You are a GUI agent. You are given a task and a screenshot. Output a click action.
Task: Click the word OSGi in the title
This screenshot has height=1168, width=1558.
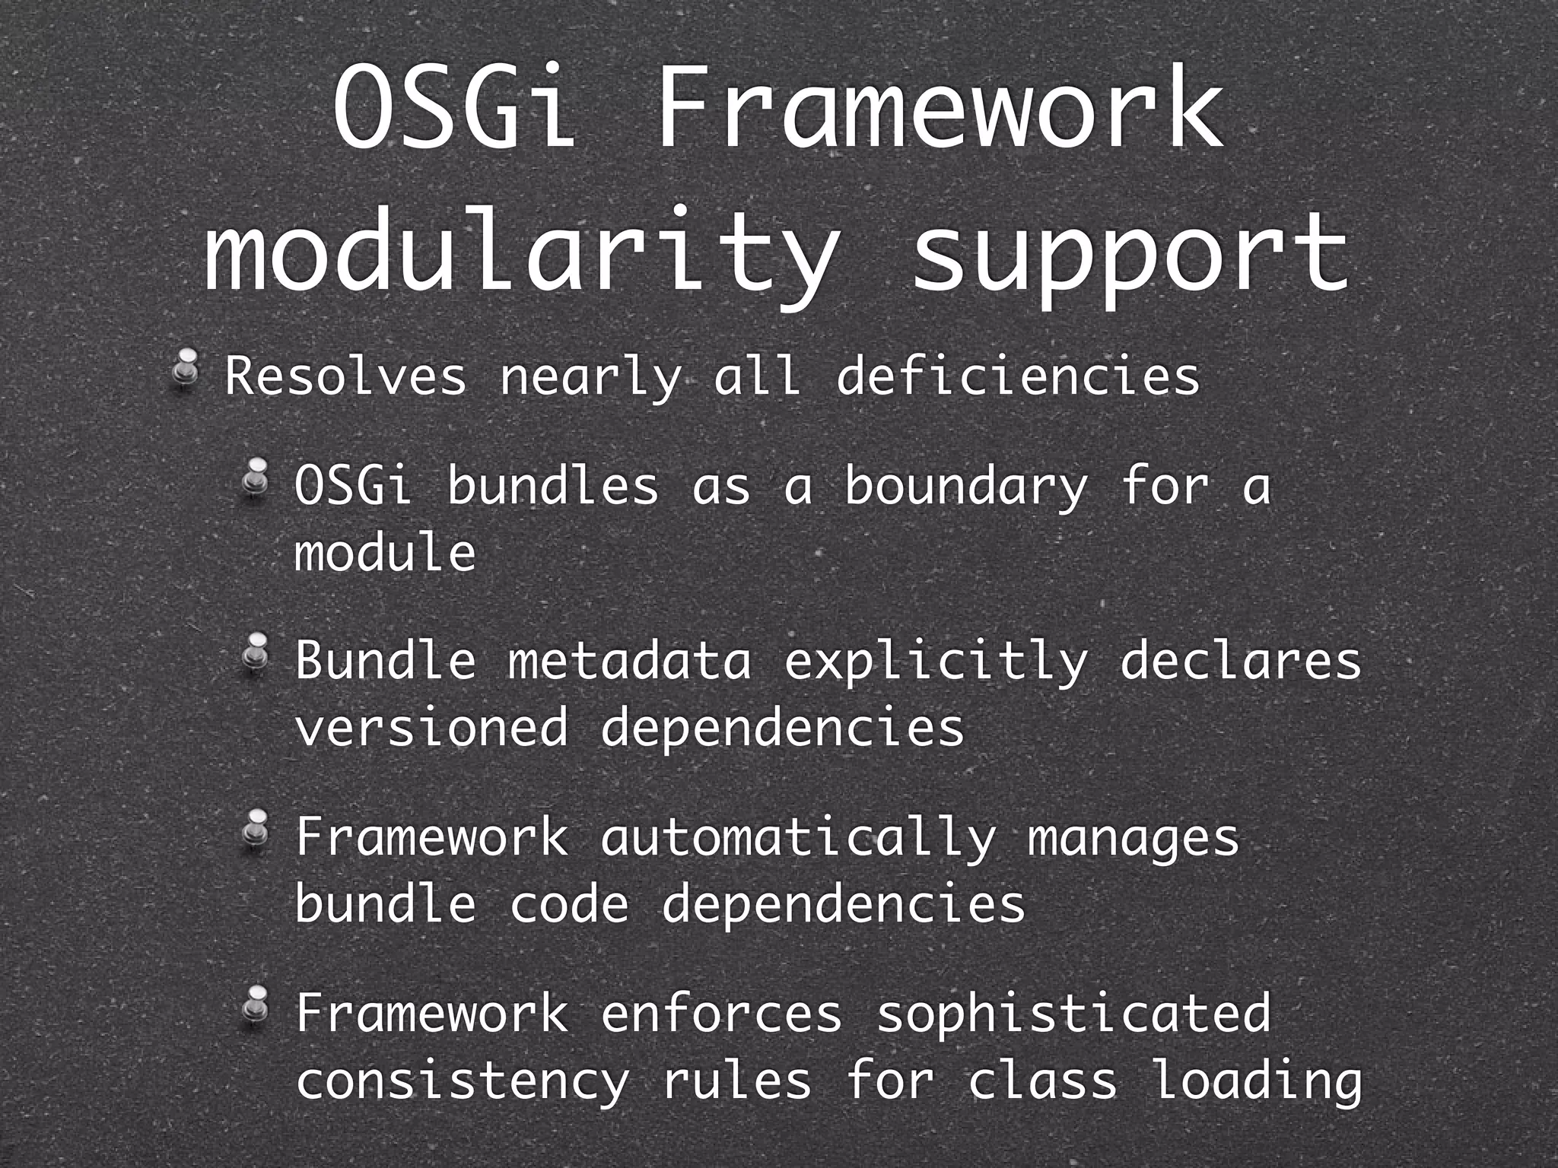pos(452,109)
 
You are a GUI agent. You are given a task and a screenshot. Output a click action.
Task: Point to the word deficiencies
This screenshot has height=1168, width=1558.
pos(1017,376)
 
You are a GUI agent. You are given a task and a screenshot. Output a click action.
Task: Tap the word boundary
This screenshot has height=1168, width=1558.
pos(965,487)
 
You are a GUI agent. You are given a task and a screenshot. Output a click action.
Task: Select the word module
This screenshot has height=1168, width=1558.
pos(385,552)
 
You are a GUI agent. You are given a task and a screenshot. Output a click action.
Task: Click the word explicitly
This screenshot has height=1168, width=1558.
pos(935,662)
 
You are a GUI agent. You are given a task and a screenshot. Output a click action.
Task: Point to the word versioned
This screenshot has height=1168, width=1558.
pos(431,727)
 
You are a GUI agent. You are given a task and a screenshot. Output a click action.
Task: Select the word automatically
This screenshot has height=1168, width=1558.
pos(797,838)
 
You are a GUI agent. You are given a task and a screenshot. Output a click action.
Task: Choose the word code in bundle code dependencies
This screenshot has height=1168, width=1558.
pos(568,904)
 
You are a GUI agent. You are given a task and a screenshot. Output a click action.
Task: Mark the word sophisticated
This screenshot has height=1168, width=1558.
pos(1073,1014)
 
